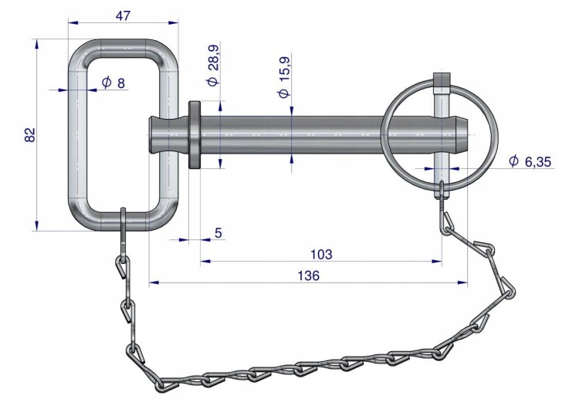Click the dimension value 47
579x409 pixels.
(x=123, y=16)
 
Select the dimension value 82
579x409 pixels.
(x=29, y=134)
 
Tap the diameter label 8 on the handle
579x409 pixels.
(x=113, y=83)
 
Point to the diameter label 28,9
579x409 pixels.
(x=213, y=66)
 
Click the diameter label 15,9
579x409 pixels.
(x=283, y=76)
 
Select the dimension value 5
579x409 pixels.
(x=218, y=233)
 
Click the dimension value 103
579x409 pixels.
(x=321, y=255)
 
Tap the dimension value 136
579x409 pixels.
(x=308, y=275)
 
